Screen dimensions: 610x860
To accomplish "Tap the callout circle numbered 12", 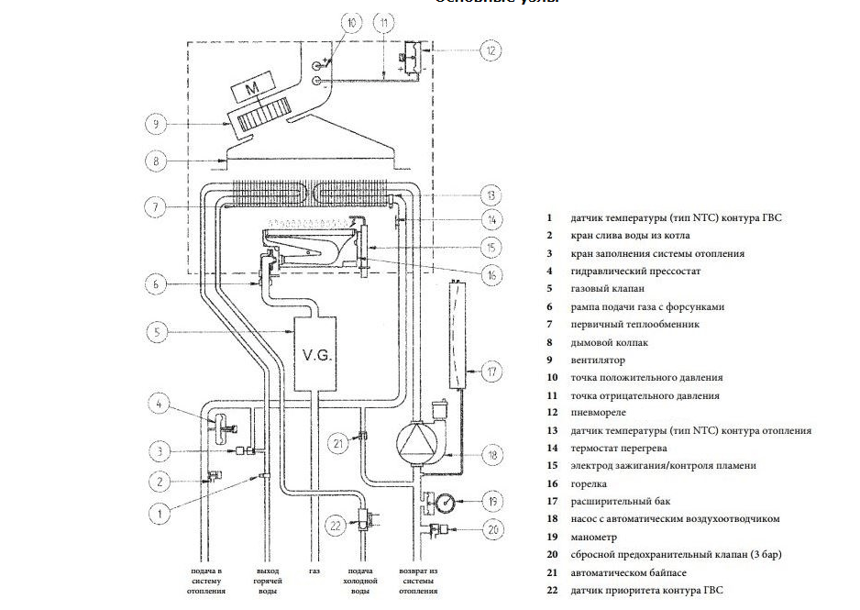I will [x=492, y=51].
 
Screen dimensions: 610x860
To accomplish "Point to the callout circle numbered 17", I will [x=492, y=372].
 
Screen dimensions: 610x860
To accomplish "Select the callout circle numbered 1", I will [x=160, y=514].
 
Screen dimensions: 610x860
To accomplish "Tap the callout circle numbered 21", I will [x=338, y=444].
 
